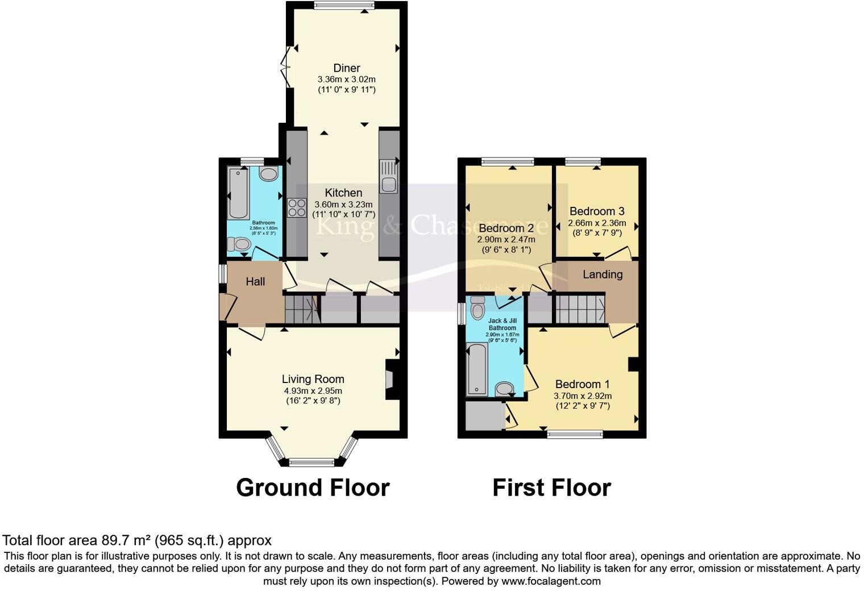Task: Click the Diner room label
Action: point(346,68)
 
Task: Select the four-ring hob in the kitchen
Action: point(296,207)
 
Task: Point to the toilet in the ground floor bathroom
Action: point(239,244)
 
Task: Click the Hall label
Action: point(255,281)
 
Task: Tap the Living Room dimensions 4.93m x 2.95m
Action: point(313,391)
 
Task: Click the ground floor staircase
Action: point(300,310)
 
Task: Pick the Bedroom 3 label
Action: point(597,211)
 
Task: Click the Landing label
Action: point(603,274)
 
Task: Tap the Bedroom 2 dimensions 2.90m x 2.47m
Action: point(506,240)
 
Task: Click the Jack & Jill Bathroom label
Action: point(502,324)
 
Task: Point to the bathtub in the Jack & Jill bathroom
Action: point(477,369)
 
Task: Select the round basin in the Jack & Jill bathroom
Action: point(504,389)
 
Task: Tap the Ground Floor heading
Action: point(313,488)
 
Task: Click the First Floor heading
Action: point(551,488)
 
